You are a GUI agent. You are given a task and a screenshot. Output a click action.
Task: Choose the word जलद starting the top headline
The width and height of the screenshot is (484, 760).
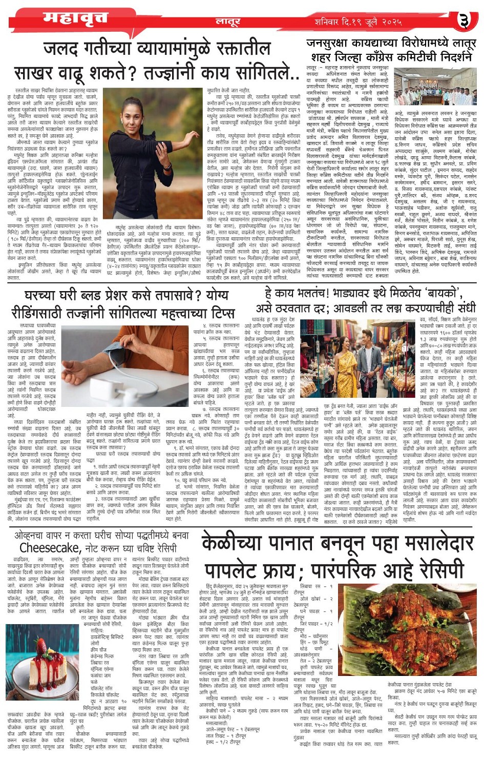pyautogui.click(x=64, y=50)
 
